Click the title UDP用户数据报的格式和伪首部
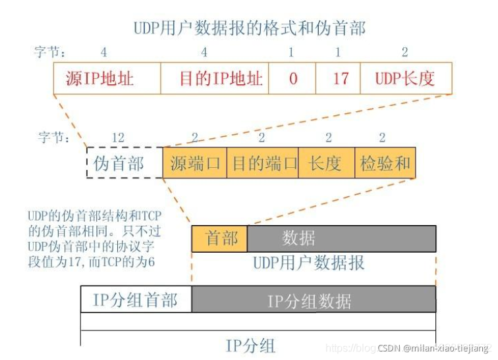248,28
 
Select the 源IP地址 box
107,79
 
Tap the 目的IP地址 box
215,79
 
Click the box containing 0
292,79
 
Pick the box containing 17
339,79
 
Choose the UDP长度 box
406,79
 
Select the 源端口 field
194,163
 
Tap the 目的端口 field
262,163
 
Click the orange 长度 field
326,163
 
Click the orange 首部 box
219,238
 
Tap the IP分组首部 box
136,299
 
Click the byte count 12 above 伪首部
119,138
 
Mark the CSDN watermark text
435,347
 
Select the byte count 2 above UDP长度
404,52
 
